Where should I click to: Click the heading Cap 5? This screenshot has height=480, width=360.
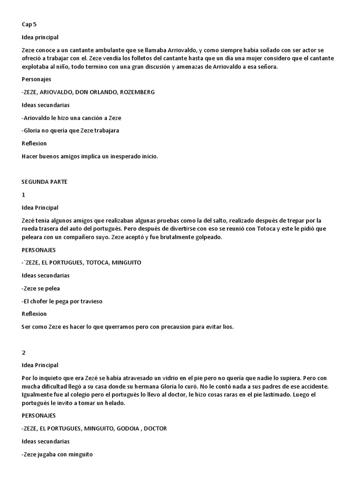(x=29, y=24)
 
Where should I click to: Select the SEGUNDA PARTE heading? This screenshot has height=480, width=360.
(x=45, y=182)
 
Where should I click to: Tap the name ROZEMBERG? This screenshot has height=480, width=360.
(x=137, y=92)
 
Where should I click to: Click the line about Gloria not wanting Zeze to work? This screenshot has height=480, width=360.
(x=70, y=131)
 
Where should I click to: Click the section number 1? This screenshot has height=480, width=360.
(x=23, y=195)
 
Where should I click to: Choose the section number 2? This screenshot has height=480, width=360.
(x=23, y=352)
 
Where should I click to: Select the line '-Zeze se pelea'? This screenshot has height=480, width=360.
(x=41, y=288)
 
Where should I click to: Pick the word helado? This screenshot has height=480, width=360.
(x=114, y=403)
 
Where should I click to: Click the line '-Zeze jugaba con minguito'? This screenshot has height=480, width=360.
(x=57, y=454)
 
